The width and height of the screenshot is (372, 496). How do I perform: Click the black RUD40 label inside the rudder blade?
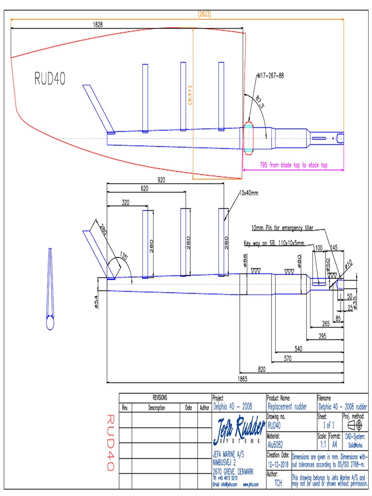49,78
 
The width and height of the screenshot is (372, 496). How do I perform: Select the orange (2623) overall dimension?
204,15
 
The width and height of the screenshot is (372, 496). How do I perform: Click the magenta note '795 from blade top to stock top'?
294,165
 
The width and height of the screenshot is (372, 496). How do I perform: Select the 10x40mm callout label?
248,193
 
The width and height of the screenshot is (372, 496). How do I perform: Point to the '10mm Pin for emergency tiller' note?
286,228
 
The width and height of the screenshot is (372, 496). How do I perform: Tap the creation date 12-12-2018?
278,464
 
